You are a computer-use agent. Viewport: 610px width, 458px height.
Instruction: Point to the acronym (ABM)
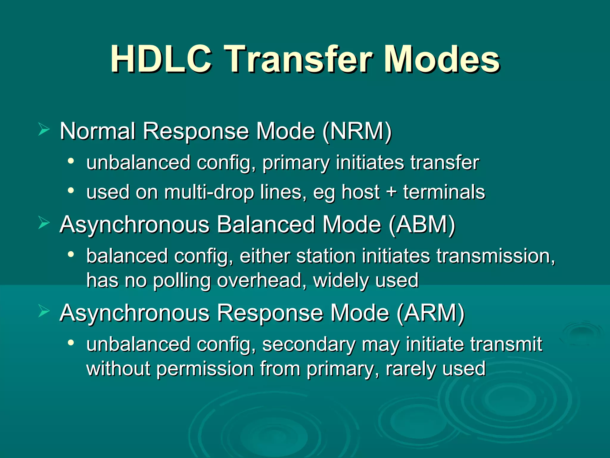422,225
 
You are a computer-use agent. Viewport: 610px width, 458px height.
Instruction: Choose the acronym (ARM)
431,313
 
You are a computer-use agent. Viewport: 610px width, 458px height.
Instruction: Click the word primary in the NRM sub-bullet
296,163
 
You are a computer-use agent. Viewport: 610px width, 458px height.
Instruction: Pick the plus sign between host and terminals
391,192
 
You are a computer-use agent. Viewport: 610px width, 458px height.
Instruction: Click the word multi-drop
209,192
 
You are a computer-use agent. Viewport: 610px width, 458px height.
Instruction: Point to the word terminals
444,192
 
